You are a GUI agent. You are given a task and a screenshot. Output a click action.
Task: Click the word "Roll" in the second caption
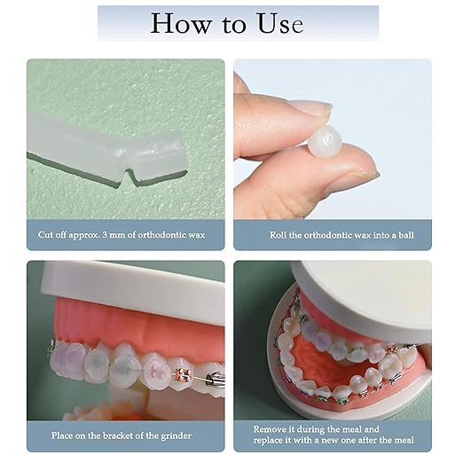tap(279, 235)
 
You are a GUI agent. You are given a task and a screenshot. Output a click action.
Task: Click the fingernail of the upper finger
tap(310, 110)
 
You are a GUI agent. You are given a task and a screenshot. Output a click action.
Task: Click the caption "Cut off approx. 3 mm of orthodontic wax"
tap(125, 235)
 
